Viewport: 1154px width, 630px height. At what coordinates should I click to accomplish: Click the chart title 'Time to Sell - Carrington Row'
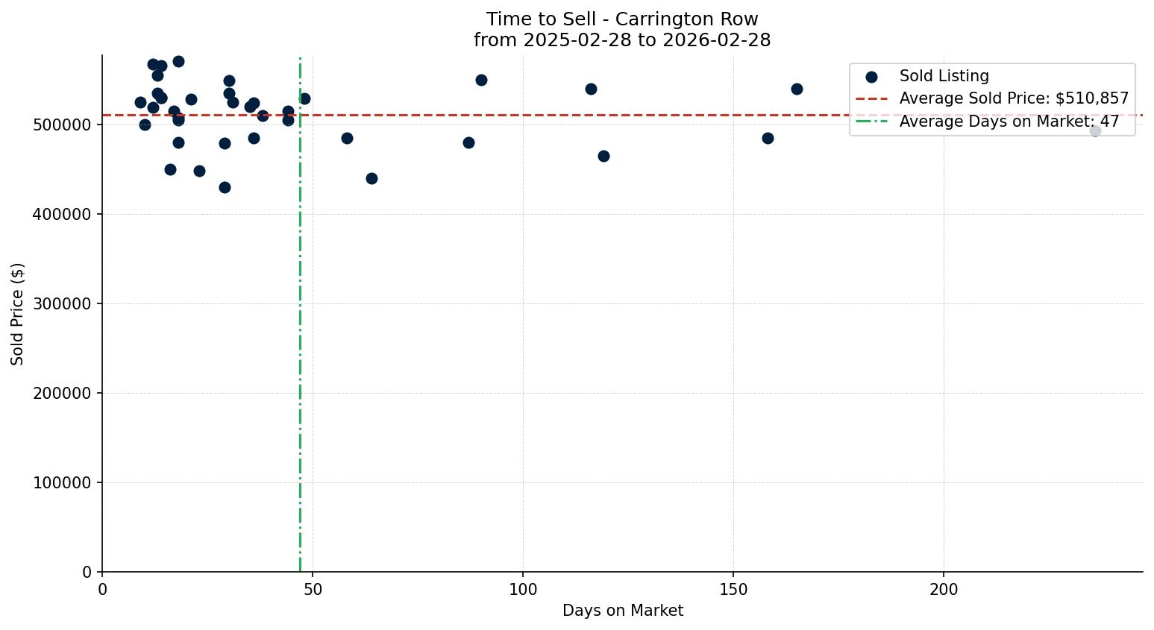pos(622,19)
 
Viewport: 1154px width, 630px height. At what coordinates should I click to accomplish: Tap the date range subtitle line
pos(622,40)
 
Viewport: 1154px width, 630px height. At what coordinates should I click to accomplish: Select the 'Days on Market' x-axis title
pos(622,611)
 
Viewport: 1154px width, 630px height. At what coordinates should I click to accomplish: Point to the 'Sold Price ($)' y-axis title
pos(18,314)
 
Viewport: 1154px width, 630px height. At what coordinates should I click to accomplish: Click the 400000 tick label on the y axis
pos(63,215)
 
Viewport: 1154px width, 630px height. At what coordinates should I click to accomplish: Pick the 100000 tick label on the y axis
pos(63,483)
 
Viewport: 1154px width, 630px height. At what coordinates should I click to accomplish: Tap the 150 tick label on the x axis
pos(733,590)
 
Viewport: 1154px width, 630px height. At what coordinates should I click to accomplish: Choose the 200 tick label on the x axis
pos(943,590)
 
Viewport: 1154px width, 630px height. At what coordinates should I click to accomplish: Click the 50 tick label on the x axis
pos(313,590)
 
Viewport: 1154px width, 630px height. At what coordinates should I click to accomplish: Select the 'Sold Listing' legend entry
pos(944,76)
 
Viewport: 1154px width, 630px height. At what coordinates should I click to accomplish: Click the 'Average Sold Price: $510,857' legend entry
pos(1014,98)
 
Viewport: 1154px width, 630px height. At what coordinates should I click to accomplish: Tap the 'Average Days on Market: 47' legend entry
pos(1009,122)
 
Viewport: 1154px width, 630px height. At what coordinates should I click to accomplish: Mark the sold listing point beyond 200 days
pos(1095,131)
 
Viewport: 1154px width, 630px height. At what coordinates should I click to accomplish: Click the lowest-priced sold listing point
pos(225,187)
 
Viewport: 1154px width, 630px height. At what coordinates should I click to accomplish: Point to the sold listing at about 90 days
pos(481,81)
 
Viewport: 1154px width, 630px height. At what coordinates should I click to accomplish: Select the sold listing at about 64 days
pos(371,178)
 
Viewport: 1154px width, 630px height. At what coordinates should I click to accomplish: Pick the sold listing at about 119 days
pos(603,156)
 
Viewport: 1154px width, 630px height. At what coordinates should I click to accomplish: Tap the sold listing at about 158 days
pos(768,138)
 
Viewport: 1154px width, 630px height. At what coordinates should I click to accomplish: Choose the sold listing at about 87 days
pos(468,142)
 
